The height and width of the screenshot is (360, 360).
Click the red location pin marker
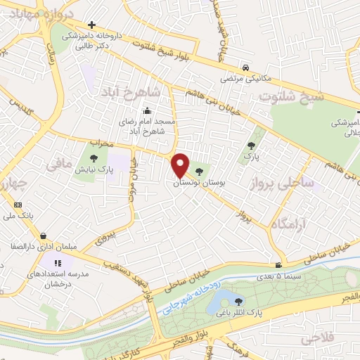[x=181, y=165]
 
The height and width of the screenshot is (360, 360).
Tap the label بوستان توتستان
[x=195, y=182]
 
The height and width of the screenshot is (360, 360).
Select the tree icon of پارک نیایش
[x=95, y=157]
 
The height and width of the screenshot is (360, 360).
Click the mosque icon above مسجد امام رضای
[x=147, y=110]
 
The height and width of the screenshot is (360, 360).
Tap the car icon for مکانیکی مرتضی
[x=245, y=67]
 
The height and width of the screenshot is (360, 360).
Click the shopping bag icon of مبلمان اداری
[x=44, y=236]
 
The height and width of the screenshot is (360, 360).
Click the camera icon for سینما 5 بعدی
[x=280, y=265]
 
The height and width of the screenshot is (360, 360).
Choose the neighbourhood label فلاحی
[x=318, y=339]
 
